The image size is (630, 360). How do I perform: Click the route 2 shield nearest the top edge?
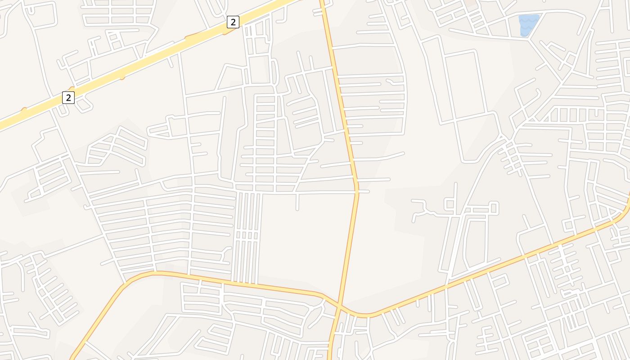point(233,22)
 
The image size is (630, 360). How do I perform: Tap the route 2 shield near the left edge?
point(68,97)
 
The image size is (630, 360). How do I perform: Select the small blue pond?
point(528,25)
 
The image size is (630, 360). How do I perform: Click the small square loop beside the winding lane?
point(449,204)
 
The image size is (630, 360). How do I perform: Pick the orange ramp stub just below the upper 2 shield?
point(230,31)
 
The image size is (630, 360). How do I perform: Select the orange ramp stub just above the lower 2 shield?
point(71,88)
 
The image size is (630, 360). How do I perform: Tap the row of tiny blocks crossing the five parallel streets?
point(247,235)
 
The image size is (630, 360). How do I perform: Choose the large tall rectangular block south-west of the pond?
point(465,85)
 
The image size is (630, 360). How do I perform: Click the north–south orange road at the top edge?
point(323,2)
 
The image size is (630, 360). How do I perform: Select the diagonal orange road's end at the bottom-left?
point(72,357)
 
